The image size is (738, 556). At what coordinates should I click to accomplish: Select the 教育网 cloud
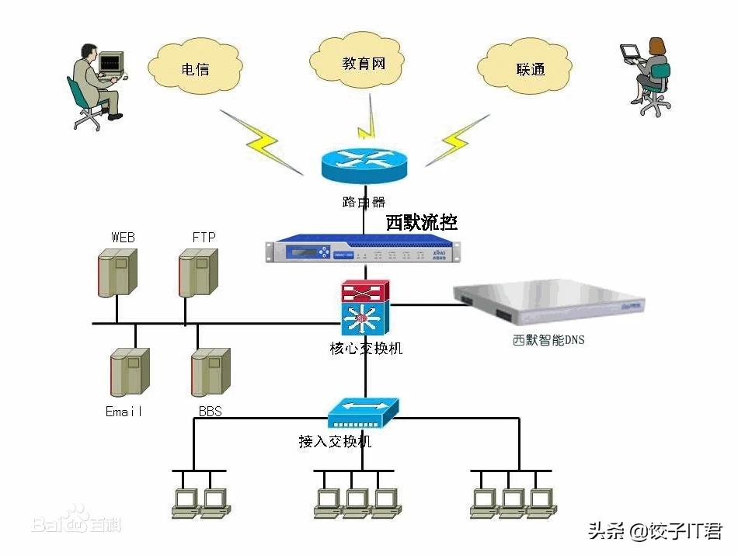tap(363, 62)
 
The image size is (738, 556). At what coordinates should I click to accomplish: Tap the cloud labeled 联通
tap(530, 68)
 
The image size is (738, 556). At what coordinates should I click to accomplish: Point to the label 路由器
tap(364, 202)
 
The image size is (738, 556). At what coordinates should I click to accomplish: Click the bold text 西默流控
tap(422, 223)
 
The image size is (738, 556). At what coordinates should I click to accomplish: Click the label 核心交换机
tap(366, 349)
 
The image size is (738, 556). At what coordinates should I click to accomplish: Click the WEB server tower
tap(117, 272)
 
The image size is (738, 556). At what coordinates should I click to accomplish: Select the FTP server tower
tap(197, 273)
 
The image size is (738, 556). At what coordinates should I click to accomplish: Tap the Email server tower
tap(129, 373)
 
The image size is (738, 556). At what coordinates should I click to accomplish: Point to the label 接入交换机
tap(335, 441)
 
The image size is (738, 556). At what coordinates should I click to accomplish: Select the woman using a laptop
tap(647, 74)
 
